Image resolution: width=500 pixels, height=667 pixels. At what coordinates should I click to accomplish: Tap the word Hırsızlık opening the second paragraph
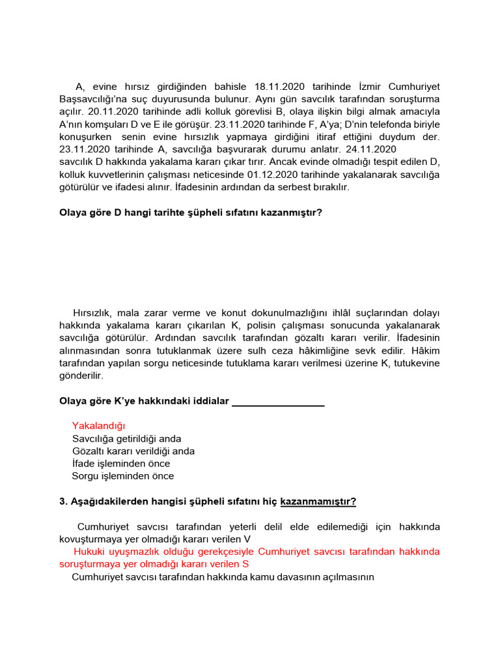(96, 313)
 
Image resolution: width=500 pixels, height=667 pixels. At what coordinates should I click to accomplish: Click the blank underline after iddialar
(278, 401)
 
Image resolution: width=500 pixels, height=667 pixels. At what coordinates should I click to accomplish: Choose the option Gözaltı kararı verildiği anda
(133, 451)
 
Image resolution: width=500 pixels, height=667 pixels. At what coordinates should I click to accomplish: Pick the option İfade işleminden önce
(121, 463)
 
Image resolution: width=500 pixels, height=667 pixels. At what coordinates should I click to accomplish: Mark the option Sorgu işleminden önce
(123, 475)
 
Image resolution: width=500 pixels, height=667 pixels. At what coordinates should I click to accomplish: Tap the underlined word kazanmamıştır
(318, 502)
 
